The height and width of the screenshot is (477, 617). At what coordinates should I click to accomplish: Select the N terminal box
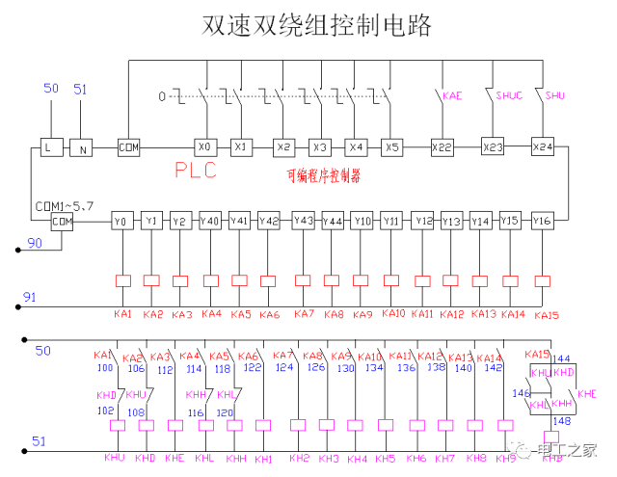tap(83, 147)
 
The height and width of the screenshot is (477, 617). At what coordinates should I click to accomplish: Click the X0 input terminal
tap(204, 147)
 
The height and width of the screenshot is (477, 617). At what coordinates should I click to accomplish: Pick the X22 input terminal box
tap(443, 146)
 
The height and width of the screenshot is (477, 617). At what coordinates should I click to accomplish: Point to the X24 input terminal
tap(544, 146)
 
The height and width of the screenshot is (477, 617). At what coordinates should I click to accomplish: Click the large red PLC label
tap(196, 172)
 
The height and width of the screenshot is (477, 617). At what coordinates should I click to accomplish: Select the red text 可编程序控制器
tap(324, 175)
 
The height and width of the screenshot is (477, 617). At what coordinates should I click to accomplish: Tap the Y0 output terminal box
tap(121, 221)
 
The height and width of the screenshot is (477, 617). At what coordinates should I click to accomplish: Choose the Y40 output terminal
tap(210, 221)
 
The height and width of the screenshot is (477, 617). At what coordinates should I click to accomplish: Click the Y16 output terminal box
tap(542, 221)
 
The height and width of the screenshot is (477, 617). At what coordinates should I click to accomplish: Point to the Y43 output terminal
tap(303, 221)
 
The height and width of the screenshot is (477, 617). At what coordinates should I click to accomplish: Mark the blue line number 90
tap(35, 244)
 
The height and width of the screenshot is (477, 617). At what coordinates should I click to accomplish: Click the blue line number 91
tap(30, 298)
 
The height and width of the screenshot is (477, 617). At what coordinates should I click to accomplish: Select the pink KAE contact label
tap(452, 96)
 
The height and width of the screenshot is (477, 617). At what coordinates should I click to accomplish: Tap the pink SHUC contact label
tap(508, 96)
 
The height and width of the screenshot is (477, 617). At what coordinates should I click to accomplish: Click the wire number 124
tap(284, 367)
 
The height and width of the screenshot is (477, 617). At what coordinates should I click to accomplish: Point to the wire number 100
tap(105, 367)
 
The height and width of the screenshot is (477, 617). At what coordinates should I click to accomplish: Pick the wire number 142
tap(493, 367)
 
